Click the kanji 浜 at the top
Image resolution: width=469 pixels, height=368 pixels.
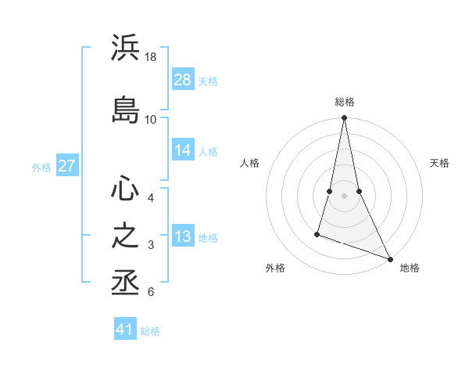click(x=125, y=49)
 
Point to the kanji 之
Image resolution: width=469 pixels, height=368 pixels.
click(x=125, y=236)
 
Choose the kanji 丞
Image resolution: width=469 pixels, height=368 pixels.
click(x=125, y=283)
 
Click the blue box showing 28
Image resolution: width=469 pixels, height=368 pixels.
click(x=183, y=79)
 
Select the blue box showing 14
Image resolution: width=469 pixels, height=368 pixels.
click(x=183, y=150)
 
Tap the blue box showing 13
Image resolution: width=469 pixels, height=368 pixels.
click(x=183, y=236)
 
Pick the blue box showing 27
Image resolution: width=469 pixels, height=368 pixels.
click(x=67, y=165)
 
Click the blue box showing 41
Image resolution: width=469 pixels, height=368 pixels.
click(x=126, y=330)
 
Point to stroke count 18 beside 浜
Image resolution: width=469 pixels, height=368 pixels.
click(x=151, y=57)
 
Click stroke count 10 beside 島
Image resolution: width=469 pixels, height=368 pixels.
click(x=151, y=119)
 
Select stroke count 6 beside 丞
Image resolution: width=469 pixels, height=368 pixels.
click(x=150, y=293)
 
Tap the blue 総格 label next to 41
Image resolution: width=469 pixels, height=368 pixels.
click(x=150, y=331)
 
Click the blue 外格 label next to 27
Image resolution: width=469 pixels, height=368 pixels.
click(x=41, y=167)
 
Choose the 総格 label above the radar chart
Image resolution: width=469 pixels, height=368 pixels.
click(x=344, y=102)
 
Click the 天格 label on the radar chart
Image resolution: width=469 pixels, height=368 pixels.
click(x=439, y=163)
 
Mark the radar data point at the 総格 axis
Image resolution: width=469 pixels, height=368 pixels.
click(x=344, y=118)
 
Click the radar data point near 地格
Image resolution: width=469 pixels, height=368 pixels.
click(x=391, y=258)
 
